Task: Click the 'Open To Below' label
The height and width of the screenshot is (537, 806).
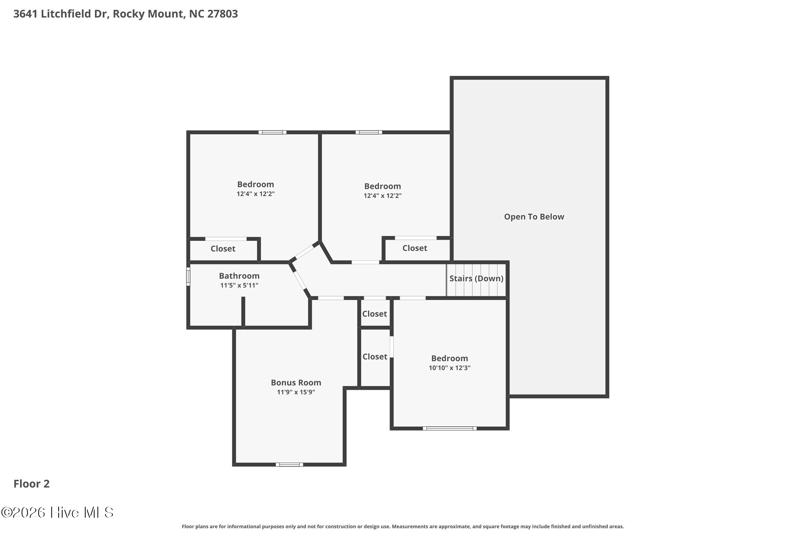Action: tap(534, 217)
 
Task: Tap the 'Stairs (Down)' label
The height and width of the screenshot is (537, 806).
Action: tap(476, 279)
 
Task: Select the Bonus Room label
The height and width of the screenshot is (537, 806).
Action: tap(296, 382)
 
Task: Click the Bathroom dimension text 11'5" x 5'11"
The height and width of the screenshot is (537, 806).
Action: tap(239, 285)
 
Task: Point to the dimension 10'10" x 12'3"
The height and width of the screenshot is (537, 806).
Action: tap(449, 368)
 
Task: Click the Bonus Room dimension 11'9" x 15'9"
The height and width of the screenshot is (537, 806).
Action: tap(296, 392)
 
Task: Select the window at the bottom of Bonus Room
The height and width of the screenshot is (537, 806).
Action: tap(289, 465)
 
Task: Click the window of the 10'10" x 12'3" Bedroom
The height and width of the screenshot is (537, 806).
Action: tap(449, 428)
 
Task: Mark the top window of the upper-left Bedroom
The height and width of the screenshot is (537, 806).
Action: tap(272, 132)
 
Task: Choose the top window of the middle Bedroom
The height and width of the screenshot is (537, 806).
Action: tap(369, 132)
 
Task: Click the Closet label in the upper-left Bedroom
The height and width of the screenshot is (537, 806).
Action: tap(223, 249)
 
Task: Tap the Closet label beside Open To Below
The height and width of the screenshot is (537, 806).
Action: tap(415, 248)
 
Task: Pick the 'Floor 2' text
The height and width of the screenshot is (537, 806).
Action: tap(31, 483)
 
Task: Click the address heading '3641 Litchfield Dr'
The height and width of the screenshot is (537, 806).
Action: tap(61, 14)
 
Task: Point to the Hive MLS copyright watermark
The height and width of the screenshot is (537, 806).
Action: tap(57, 512)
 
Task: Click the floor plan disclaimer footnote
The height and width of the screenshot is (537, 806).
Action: tap(403, 526)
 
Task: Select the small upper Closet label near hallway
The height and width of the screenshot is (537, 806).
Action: tap(375, 314)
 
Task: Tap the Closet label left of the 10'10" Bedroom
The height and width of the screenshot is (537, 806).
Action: tap(375, 357)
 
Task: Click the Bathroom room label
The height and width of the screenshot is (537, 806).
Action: tap(239, 276)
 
